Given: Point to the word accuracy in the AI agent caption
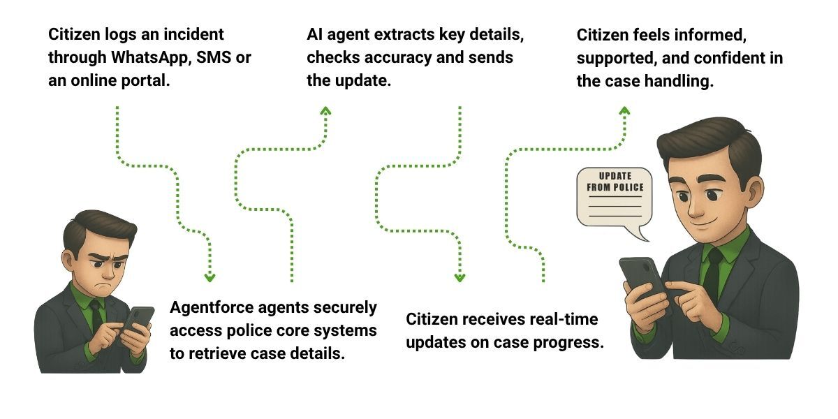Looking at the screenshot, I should click(395, 57).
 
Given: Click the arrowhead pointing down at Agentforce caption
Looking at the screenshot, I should click(209, 277).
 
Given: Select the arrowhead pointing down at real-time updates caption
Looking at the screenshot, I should click(460, 277).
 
